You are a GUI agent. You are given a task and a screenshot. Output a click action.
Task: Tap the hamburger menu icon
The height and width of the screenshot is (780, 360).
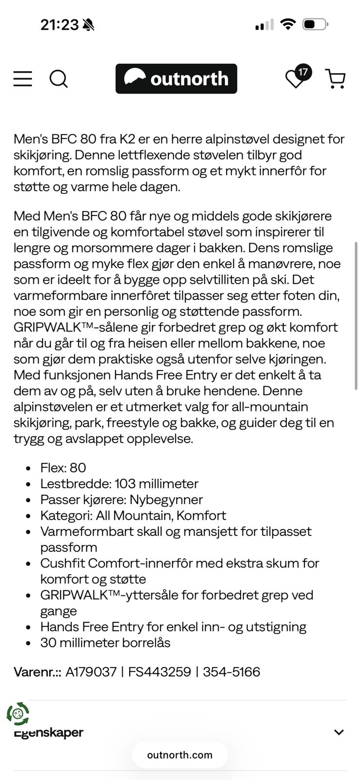[x=23, y=78]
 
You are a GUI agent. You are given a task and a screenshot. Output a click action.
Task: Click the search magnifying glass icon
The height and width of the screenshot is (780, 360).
[x=59, y=78]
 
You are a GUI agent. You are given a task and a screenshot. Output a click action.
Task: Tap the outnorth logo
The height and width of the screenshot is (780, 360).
[x=176, y=78]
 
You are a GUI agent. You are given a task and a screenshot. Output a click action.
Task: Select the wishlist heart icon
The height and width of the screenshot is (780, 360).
[x=294, y=80]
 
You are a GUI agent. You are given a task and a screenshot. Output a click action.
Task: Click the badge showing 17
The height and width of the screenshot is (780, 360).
[x=303, y=72]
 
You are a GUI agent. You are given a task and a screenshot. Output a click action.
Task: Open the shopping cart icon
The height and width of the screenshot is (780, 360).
[x=336, y=78]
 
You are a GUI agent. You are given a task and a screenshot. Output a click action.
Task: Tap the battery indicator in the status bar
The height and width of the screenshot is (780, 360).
[x=315, y=24]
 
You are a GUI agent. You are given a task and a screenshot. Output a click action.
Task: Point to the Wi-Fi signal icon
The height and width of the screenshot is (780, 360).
[x=288, y=24]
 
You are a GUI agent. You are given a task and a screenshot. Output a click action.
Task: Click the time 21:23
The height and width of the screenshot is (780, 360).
[x=59, y=25]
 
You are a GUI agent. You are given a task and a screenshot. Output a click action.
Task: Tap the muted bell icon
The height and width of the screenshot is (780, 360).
[x=88, y=25]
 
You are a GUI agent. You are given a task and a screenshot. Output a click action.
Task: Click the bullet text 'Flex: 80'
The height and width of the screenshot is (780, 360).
[x=63, y=468]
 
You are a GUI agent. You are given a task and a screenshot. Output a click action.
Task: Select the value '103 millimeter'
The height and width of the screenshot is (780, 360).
[x=156, y=484]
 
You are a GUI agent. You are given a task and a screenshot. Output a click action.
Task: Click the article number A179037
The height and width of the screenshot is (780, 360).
[x=91, y=672]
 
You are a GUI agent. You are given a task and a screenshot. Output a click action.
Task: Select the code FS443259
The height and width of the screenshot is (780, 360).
[x=160, y=672]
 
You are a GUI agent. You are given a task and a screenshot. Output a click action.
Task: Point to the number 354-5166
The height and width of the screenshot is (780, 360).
[x=231, y=672]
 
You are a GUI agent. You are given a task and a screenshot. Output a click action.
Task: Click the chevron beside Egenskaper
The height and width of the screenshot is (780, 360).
[x=339, y=732]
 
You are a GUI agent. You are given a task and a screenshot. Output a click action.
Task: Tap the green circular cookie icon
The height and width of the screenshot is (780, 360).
[x=18, y=714]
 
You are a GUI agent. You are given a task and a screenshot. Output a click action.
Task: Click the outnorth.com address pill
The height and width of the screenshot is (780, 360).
[x=180, y=755]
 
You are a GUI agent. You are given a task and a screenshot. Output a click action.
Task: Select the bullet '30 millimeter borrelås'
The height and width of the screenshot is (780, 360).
[x=105, y=643]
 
